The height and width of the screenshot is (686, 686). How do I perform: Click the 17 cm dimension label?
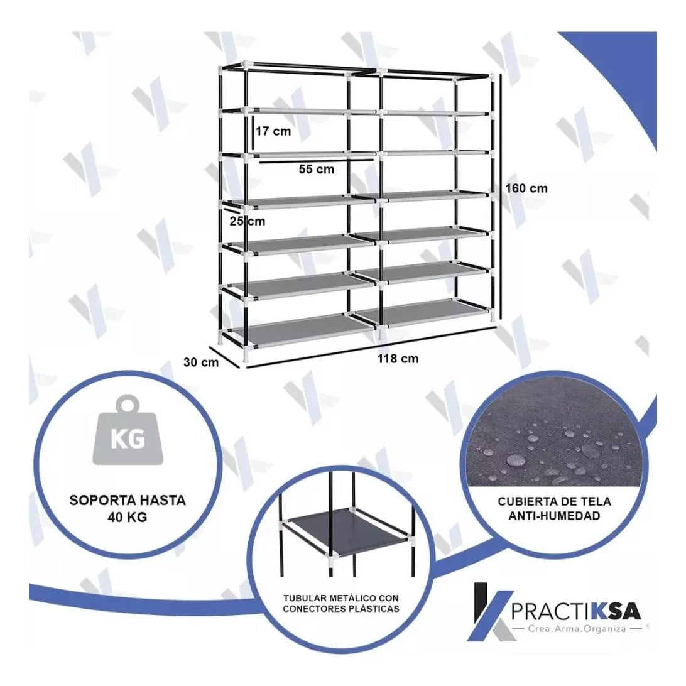[273, 131]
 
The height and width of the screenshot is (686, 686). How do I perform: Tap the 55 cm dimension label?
[317, 169]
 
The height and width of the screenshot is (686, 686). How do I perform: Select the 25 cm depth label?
[247, 221]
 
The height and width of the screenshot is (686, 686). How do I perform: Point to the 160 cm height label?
[526, 188]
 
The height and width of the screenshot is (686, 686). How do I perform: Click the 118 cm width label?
[398, 358]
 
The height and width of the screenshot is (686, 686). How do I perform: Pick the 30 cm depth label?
[201, 362]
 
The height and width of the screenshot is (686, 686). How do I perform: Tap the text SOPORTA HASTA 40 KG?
[128, 508]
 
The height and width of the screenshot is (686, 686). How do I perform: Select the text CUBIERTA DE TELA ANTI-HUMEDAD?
[554, 508]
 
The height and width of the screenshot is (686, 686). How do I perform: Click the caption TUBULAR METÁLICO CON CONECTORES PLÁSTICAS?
[341, 603]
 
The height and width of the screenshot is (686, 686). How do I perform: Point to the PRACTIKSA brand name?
[576, 611]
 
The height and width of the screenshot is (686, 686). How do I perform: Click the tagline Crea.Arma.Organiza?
[577, 629]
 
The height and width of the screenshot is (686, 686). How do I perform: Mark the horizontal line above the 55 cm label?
[316, 161]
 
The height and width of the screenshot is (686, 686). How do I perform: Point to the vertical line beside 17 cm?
[253, 131]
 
